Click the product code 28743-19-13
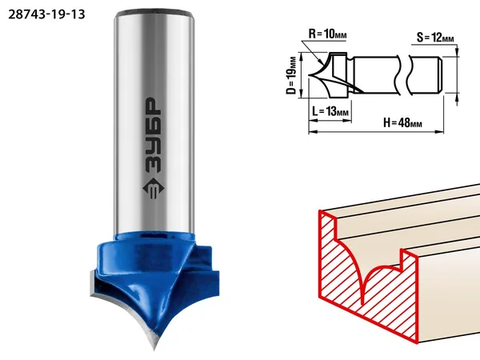click(x=46, y=14)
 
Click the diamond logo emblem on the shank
click(x=154, y=189)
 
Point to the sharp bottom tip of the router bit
click(x=154, y=349)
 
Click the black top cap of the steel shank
click(x=154, y=14)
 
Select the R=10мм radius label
click(x=327, y=34)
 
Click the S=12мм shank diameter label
click(x=435, y=38)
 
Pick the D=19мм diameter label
click(x=292, y=75)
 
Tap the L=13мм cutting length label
click(x=330, y=111)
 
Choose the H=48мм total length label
click(x=402, y=122)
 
